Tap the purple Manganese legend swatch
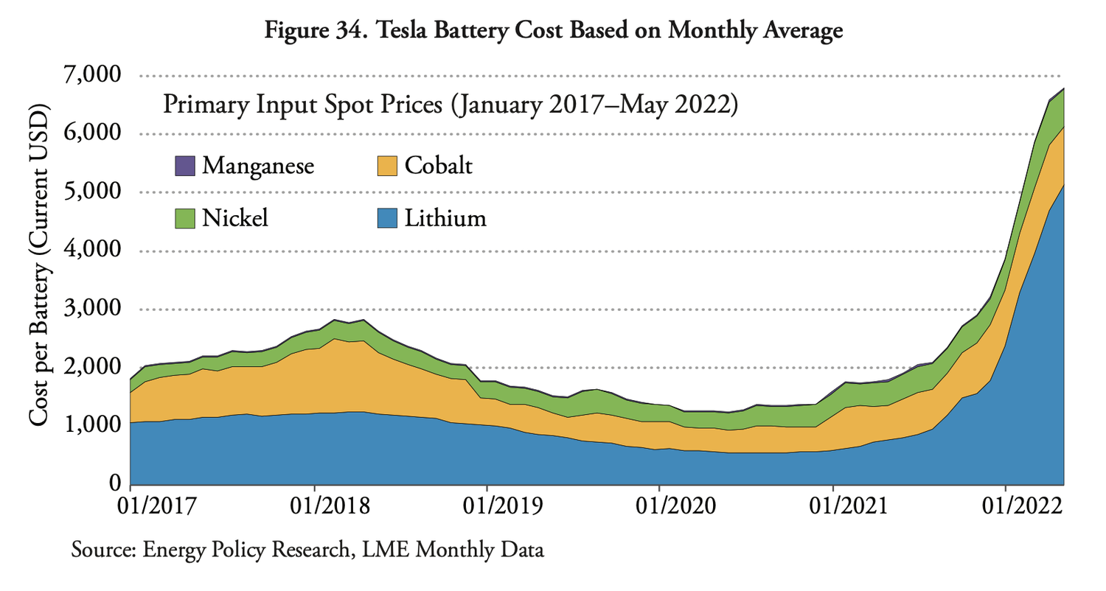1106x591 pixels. pyautogui.click(x=186, y=165)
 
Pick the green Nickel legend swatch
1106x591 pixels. pyautogui.click(x=186, y=218)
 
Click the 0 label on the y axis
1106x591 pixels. pyautogui.click(x=115, y=483)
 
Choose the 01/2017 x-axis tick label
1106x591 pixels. pyautogui.click(x=130, y=509)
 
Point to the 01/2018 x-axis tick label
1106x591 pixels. pyautogui.click(x=315, y=509)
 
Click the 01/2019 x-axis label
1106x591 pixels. pyautogui.click(x=487, y=509)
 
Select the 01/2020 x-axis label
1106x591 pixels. pyautogui.click(x=659, y=509)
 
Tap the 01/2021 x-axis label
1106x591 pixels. pyautogui.click(x=832, y=509)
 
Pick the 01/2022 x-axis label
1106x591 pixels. pyautogui.click(x=1006, y=509)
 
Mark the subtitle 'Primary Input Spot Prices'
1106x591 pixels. pyautogui.click(x=450, y=105)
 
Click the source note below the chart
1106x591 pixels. pyautogui.click(x=307, y=550)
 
